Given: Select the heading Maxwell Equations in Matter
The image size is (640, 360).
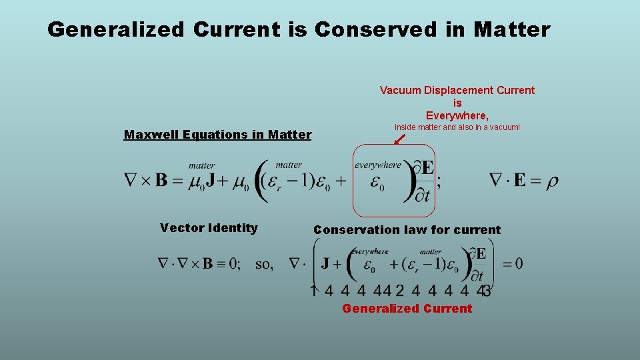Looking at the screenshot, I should click(x=217, y=135).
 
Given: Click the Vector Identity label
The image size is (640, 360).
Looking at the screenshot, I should click(x=209, y=228).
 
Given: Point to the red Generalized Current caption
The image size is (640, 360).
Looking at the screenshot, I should click(x=407, y=309).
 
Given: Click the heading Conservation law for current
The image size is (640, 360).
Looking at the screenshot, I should click(x=407, y=230).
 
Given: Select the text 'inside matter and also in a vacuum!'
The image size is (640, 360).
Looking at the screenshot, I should click(x=457, y=127).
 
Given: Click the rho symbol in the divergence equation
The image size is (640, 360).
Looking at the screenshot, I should click(x=552, y=181).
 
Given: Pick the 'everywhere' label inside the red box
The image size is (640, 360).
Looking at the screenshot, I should click(x=378, y=165).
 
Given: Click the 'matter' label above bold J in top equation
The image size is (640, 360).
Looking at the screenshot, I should click(x=202, y=165).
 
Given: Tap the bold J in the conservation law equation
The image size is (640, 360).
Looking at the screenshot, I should click(x=327, y=263).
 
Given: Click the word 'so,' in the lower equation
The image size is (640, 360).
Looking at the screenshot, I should click(x=264, y=264).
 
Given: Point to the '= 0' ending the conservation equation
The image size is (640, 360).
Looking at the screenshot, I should click(x=512, y=264).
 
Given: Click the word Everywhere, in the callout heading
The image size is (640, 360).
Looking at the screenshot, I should click(x=457, y=115).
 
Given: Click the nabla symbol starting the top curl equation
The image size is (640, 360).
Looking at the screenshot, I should click(x=131, y=181).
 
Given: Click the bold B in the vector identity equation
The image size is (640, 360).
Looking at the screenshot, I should click(x=207, y=264).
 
